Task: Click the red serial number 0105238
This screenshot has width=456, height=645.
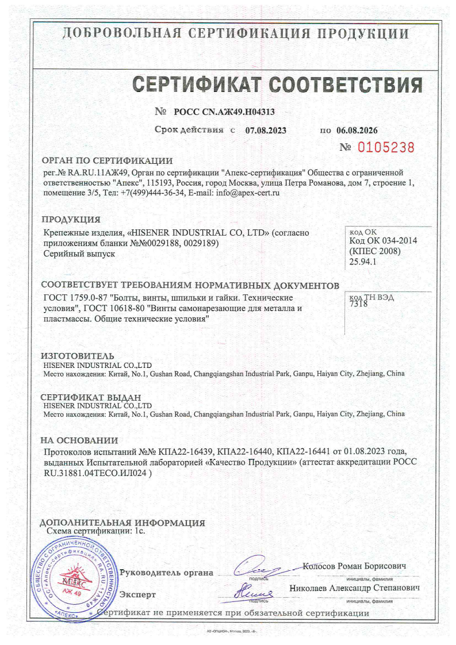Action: pyautogui.click(x=386, y=147)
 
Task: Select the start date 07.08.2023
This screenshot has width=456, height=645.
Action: pyautogui.click(x=266, y=130)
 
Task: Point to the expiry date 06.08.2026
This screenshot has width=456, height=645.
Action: pyautogui.click(x=357, y=130)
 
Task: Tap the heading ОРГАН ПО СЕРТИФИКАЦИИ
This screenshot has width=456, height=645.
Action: pyautogui.click(x=108, y=160)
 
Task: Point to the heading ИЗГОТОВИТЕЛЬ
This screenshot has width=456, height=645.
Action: pyautogui.click(x=77, y=356)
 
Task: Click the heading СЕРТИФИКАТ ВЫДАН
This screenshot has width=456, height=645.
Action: pyautogui.click(x=90, y=397)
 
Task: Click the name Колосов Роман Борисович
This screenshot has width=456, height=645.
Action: pyautogui.click(x=354, y=566)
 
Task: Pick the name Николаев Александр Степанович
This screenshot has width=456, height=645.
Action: pyautogui.click(x=355, y=589)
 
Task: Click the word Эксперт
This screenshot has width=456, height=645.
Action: pyautogui.click(x=137, y=594)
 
